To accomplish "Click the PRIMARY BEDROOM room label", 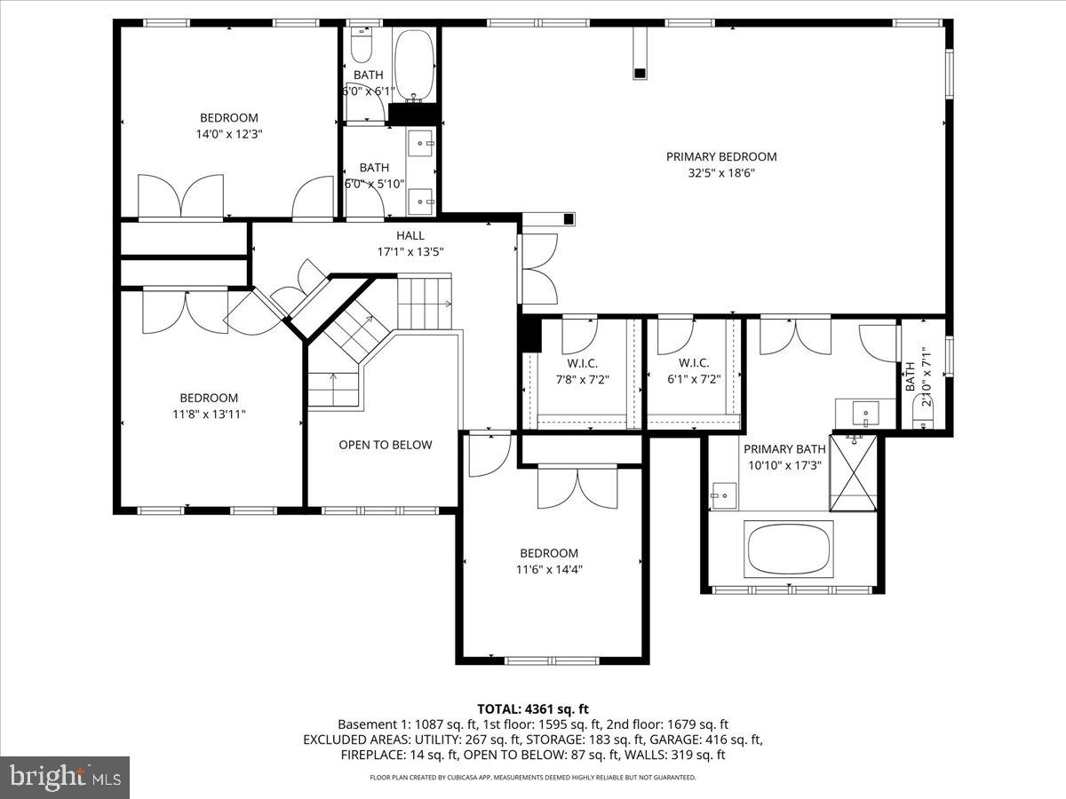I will point(721,157).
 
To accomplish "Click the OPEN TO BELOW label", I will point(386,445).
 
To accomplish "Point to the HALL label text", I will point(410,235).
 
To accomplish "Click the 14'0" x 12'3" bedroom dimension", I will point(229,134).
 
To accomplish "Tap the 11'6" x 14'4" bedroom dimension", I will point(549,570).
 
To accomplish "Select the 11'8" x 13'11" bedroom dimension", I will point(210,415).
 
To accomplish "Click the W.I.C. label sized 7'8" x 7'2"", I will point(582,363).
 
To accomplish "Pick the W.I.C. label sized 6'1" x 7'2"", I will point(693,363).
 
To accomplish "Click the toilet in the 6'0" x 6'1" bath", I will point(362,43).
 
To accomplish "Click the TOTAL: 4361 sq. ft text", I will point(533,708).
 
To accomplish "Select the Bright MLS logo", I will point(65,778).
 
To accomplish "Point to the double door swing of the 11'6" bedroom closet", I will point(578,487).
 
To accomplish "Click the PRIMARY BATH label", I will point(784,449).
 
